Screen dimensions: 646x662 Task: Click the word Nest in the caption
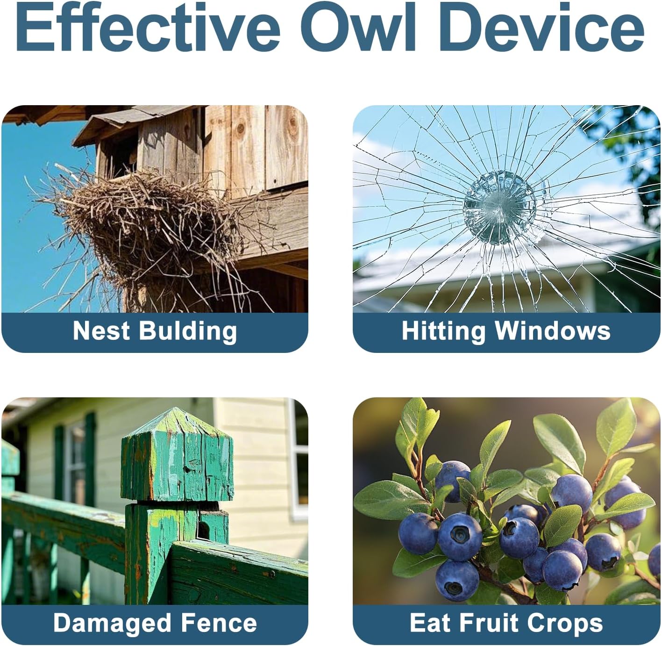pos(101,330)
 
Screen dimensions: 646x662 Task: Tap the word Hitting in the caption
pos(444,331)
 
